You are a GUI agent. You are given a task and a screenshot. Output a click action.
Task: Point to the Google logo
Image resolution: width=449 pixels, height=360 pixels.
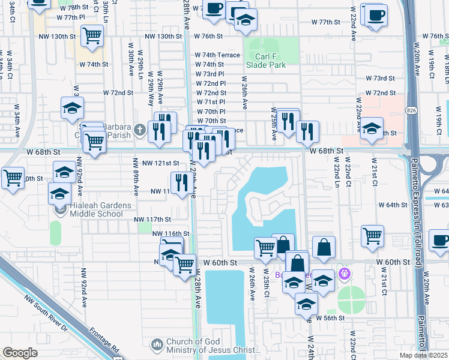[19, 352]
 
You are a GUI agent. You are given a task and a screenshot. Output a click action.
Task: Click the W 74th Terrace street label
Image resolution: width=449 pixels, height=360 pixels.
[217, 55]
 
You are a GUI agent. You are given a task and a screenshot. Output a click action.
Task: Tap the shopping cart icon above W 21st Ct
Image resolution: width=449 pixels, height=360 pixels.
[372, 235]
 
